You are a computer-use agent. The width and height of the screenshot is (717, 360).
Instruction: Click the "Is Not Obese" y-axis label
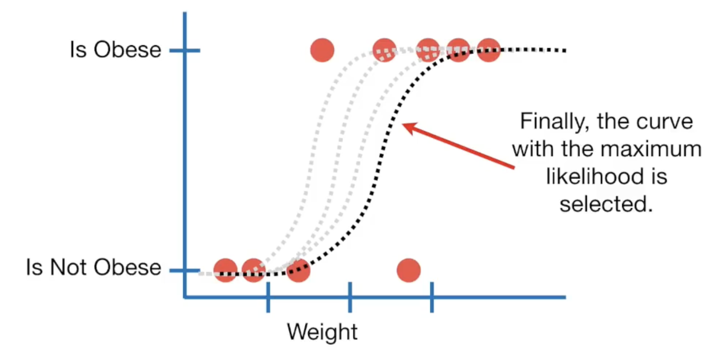[x=94, y=268]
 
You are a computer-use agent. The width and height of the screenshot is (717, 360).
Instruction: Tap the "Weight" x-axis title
[x=322, y=332]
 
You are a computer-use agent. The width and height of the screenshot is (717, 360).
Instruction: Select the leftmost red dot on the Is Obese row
[x=322, y=50]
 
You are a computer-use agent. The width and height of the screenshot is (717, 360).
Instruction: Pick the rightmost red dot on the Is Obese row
[x=489, y=50]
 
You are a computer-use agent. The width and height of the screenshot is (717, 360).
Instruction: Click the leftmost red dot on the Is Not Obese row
[x=225, y=270]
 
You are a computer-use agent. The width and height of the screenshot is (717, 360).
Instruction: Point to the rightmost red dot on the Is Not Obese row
[x=408, y=270]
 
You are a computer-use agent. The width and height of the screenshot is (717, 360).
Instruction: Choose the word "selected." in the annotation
[x=607, y=205]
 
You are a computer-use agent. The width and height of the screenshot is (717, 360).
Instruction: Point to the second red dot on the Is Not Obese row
[x=253, y=270]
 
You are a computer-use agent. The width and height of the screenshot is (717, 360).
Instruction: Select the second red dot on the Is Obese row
[x=384, y=50]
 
